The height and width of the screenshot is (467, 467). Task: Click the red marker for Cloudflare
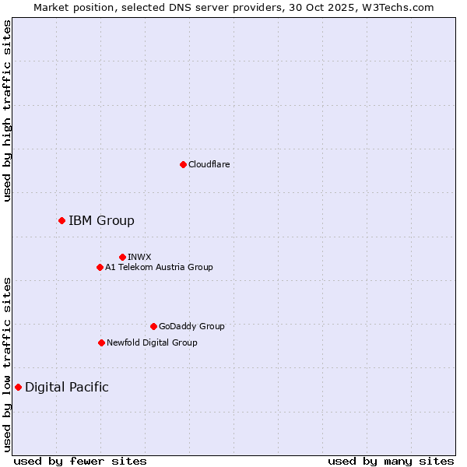click(x=183, y=164)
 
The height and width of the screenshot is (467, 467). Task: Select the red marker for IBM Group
click(x=61, y=221)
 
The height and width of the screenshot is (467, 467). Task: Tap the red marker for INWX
click(x=122, y=257)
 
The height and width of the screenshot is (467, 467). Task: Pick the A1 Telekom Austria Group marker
click(x=100, y=268)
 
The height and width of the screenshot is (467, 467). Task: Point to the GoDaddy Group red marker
click(x=153, y=326)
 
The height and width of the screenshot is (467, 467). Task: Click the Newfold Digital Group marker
click(x=101, y=342)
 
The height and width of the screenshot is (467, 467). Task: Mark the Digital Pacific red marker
click(x=18, y=387)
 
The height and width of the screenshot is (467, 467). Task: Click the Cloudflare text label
click(x=209, y=164)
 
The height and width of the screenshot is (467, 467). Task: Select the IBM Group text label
click(x=101, y=221)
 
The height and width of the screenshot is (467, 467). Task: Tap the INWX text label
click(x=139, y=257)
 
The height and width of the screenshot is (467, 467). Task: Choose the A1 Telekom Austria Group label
click(x=159, y=268)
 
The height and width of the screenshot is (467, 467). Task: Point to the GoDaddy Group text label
click(x=191, y=326)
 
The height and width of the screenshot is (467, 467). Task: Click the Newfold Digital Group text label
click(x=152, y=342)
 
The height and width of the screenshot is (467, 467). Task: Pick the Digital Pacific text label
click(x=67, y=388)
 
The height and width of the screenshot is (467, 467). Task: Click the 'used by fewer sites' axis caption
click(x=80, y=462)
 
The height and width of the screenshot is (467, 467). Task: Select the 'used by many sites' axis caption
click(x=391, y=462)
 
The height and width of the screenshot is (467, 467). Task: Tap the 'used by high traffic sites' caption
click(x=7, y=111)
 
